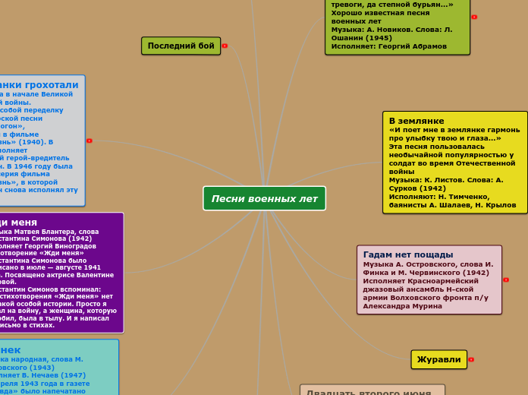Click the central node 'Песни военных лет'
[264, 198]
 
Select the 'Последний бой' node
[181, 46]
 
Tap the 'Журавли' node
[438, 359]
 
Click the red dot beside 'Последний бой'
[225, 46]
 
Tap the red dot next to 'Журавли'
[471, 359]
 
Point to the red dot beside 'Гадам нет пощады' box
[506, 280]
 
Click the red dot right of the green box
[474, 17]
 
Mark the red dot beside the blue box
[90, 141]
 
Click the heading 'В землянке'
[416, 121]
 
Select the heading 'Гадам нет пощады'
[408, 254]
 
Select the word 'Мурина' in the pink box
[430, 305]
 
